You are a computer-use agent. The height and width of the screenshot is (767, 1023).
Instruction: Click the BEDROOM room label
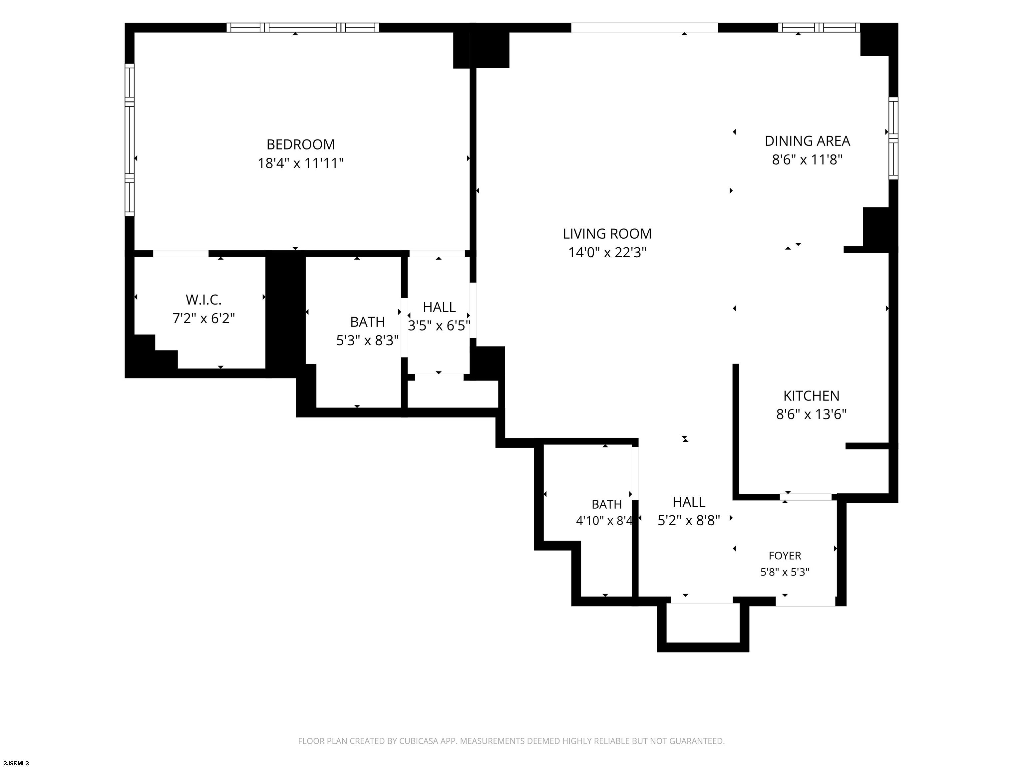[x=301, y=145]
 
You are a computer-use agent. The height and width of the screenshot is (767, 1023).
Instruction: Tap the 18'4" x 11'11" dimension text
[x=301, y=163]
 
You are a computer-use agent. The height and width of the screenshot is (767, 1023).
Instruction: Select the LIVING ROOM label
[x=607, y=234]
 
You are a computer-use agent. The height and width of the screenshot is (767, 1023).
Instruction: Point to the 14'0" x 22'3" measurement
[x=607, y=252]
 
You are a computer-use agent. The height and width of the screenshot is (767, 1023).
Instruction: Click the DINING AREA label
[x=808, y=141]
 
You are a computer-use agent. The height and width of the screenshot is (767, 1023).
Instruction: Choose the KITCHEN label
[x=811, y=396]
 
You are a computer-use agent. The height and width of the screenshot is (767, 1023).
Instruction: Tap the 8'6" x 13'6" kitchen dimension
[x=811, y=414]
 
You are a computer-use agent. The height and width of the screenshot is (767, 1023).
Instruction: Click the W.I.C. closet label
[x=203, y=300]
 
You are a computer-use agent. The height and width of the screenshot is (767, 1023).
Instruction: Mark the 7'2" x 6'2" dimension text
[x=203, y=319]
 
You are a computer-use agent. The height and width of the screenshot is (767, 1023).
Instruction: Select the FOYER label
[x=785, y=556]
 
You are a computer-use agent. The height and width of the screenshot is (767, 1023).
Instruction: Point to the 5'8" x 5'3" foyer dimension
[x=785, y=572]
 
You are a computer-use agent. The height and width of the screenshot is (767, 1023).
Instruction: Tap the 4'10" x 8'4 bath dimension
[x=604, y=521]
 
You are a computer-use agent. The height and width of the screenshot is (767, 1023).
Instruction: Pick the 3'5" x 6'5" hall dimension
[x=439, y=326]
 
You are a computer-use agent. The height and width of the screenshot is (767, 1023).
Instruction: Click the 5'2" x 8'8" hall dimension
[x=689, y=521]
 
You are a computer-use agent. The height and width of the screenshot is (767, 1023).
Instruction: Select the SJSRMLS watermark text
[x=16, y=763]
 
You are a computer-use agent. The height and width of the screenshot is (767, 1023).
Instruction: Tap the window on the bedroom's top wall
[x=303, y=27]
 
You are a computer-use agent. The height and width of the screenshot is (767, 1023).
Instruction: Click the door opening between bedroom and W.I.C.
[x=181, y=254]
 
